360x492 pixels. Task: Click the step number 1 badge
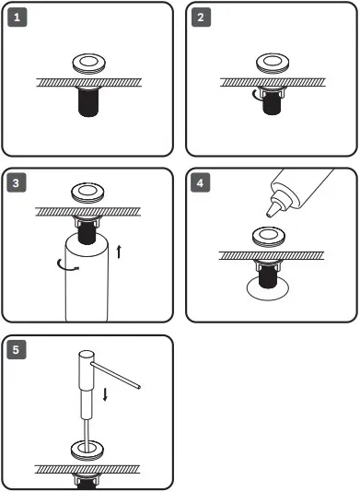[17, 18]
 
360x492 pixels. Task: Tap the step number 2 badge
[201, 18]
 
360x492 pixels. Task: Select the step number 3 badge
[17, 182]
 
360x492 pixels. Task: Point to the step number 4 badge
[201, 182]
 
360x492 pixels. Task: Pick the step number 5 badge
[17, 349]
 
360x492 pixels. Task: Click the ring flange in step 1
[89, 64]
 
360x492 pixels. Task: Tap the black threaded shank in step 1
[88, 102]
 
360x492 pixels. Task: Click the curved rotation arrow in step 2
[257, 96]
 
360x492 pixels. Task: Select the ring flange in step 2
[273, 63]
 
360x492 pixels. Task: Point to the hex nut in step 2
[273, 91]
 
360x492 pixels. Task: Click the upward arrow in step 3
[119, 252]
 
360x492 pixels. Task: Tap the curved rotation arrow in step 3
[67, 265]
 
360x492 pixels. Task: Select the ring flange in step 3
[87, 193]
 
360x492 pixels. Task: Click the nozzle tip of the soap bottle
[269, 215]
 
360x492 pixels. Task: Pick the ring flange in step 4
[269, 237]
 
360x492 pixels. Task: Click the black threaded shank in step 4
[268, 276]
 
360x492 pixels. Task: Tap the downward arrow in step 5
[105, 394]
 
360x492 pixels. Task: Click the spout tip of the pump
[138, 387]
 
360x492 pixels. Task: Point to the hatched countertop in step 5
[87, 469]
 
